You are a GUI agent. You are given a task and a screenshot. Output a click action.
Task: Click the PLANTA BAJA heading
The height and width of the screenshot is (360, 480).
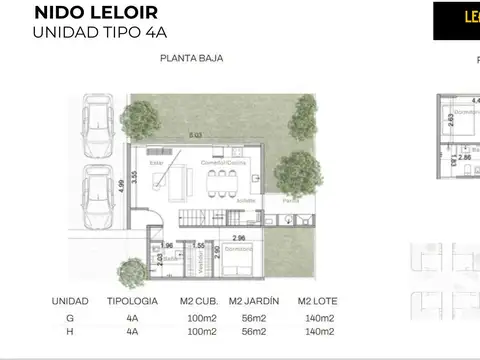pyautogui.click(x=191, y=58)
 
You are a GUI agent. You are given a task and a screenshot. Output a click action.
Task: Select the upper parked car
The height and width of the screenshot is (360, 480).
pyautogui.click(x=97, y=128)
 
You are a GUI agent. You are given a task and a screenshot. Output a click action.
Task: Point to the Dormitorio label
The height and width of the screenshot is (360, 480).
pyautogui.click(x=237, y=249)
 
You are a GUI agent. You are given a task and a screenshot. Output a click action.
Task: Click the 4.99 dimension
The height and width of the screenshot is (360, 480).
pyautogui.click(x=118, y=183)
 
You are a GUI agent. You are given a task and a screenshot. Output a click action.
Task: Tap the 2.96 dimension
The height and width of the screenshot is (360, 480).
pyautogui.click(x=238, y=237)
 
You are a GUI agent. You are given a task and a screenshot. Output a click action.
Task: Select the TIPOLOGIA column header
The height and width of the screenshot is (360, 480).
pyautogui.click(x=130, y=301)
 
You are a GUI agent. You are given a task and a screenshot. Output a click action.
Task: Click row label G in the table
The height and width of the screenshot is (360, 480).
pyautogui.click(x=69, y=316)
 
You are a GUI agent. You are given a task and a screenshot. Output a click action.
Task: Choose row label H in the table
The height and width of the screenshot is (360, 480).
pyautogui.click(x=69, y=331)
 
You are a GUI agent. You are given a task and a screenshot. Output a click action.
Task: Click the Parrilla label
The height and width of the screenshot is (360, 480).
pyautogui.click(x=290, y=200)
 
